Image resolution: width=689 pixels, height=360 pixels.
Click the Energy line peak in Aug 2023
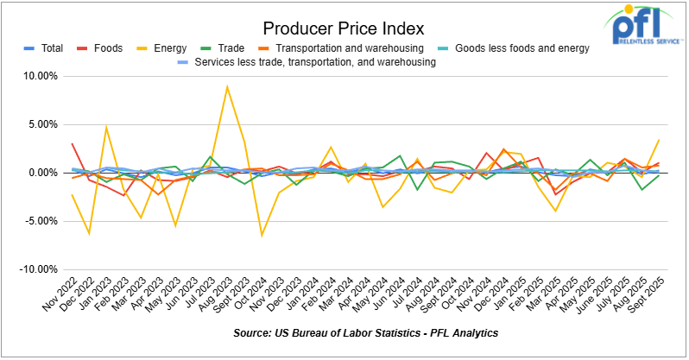(227, 86)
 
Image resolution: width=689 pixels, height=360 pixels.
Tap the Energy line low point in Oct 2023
(262, 235)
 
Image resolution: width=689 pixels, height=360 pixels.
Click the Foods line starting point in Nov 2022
(73, 143)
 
